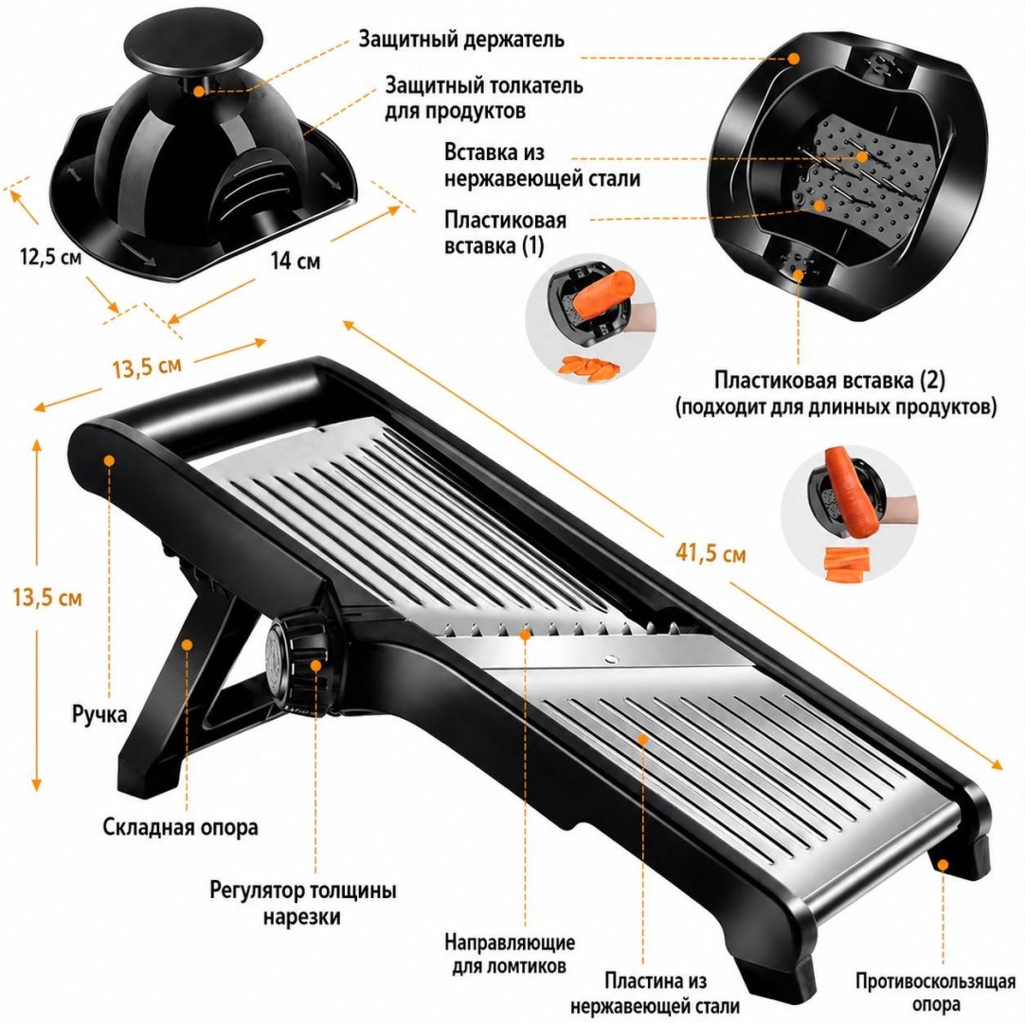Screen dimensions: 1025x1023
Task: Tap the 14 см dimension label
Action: [296, 260]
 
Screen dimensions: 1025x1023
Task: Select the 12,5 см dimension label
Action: [51, 257]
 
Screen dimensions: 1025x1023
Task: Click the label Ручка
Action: [99, 714]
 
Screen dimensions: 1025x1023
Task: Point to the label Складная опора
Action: [180, 827]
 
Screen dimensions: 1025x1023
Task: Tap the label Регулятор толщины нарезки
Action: [302, 904]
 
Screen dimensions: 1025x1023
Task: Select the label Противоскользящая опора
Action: [935, 993]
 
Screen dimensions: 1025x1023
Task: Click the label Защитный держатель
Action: [460, 39]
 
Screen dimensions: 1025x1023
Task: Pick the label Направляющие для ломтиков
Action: [510, 954]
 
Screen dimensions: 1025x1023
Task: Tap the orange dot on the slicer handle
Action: [109, 461]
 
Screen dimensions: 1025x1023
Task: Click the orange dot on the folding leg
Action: [187, 644]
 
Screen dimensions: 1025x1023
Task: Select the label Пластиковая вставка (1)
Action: [505, 233]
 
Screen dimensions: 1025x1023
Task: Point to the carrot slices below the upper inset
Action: [587, 367]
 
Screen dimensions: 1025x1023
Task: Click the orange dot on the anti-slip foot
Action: [943, 864]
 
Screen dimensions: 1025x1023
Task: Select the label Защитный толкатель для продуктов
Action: [483, 99]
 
